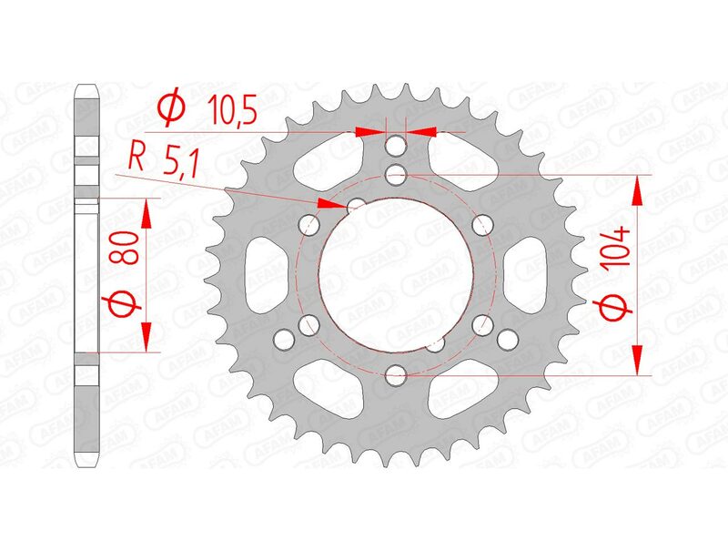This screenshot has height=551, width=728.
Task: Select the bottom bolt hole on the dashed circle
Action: pyautogui.click(x=397, y=372)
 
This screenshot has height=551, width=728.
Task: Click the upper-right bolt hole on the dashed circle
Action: pyautogui.click(x=483, y=221)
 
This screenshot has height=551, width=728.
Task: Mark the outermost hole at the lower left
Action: pyautogui.click(x=285, y=339)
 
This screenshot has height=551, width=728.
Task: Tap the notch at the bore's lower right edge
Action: pyautogui.click(x=437, y=342)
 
